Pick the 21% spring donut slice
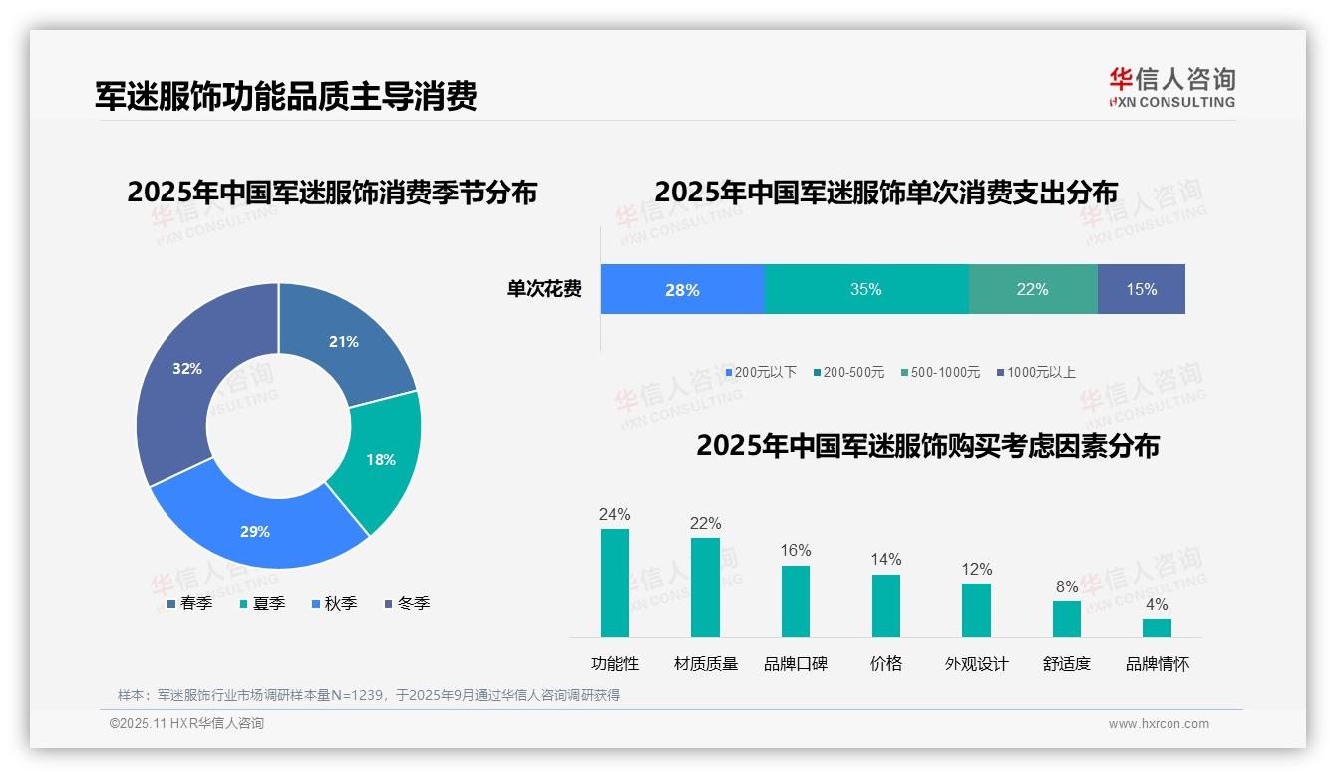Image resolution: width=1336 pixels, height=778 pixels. tap(344, 344)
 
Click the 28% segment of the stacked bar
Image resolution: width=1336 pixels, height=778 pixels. tap(682, 289)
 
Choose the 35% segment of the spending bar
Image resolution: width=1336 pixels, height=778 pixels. tap(866, 289)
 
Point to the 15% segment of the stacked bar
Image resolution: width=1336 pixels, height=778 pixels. tap(1142, 289)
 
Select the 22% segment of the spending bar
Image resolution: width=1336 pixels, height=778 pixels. tap(1033, 289)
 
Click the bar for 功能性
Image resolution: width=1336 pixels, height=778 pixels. tap(615, 583)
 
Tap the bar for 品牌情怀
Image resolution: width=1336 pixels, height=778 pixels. tap(1157, 627)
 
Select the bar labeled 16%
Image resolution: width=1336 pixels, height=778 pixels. tap(796, 600)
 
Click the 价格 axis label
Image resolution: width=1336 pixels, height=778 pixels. tap(885, 663)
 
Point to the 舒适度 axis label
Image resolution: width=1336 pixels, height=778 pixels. tap(1067, 663)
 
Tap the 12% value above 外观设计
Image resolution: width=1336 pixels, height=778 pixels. tap(977, 569)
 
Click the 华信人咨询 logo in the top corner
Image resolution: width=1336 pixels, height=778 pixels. tap(1171, 87)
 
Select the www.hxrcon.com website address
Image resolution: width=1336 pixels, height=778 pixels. tap(1159, 724)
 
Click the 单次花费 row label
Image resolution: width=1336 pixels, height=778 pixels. tap(544, 289)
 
